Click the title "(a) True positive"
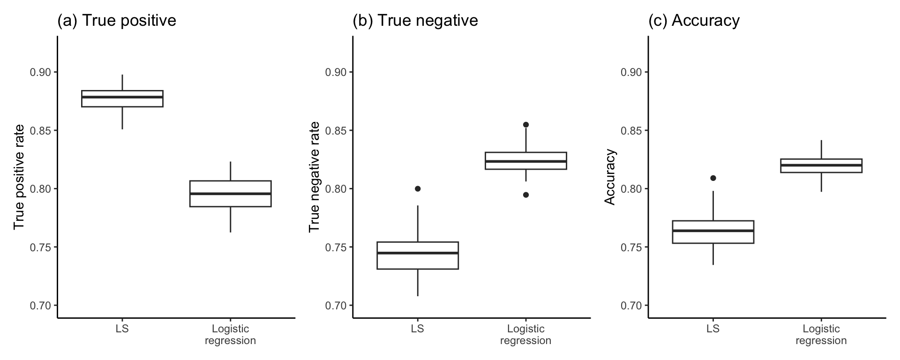point(116,21)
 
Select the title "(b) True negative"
point(415,21)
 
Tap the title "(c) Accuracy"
point(694,21)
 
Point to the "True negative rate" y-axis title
point(314,177)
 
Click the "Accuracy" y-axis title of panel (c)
point(609,177)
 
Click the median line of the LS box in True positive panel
point(122,97)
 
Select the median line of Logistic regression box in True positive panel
point(230,194)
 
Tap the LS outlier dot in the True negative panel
point(418,188)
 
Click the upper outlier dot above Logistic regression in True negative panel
point(526,124)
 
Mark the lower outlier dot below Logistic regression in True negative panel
point(526,195)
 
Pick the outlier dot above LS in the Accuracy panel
point(713,178)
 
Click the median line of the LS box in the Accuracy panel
point(713,231)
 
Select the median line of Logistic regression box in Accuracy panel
point(821,165)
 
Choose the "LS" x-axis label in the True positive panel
point(122,329)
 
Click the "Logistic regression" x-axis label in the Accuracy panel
point(821,335)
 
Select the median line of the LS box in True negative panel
point(418,253)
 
